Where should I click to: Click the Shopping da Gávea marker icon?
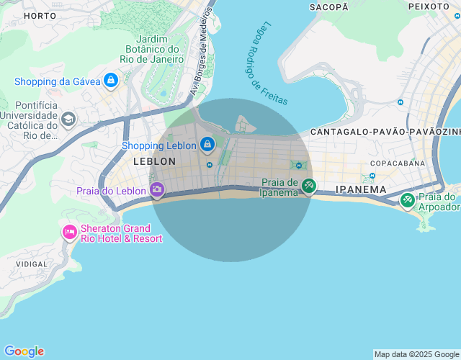pyautogui.click(x=110, y=81)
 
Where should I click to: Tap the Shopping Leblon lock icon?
pyautogui.click(x=207, y=145)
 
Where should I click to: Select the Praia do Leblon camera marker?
pyautogui.click(x=157, y=190)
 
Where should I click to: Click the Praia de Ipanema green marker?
pyautogui.click(x=308, y=186)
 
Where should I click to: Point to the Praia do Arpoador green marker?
pyautogui.click(x=408, y=199)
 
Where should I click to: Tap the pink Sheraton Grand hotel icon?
pyautogui.click(x=69, y=232)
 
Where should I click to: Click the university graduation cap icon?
pyautogui.click(x=68, y=119)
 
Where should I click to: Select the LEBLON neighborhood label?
pyautogui.click(x=154, y=162)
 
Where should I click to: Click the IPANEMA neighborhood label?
pyautogui.click(x=361, y=190)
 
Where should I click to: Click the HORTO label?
pyautogui.click(x=40, y=15)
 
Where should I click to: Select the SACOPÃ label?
pyautogui.click(x=328, y=6)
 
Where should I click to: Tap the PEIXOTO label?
pyautogui.click(x=429, y=6)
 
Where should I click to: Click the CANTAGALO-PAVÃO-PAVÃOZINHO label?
pyautogui.click(x=385, y=132)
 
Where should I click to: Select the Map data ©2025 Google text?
pyautogui.click(x=416, y=354)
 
